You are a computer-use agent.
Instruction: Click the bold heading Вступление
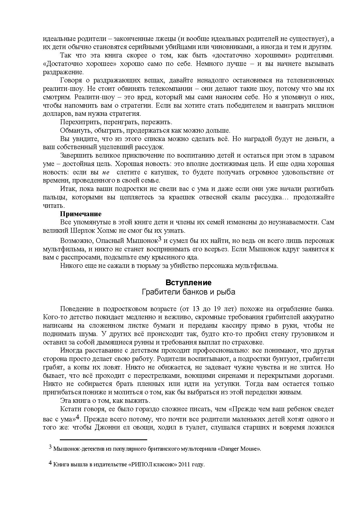188,283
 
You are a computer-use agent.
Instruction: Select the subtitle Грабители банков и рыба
188,292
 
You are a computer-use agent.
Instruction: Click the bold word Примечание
81,214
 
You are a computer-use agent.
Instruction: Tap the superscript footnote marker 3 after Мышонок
159,239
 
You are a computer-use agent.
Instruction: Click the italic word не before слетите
106,172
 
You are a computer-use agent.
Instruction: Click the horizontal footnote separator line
103,440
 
